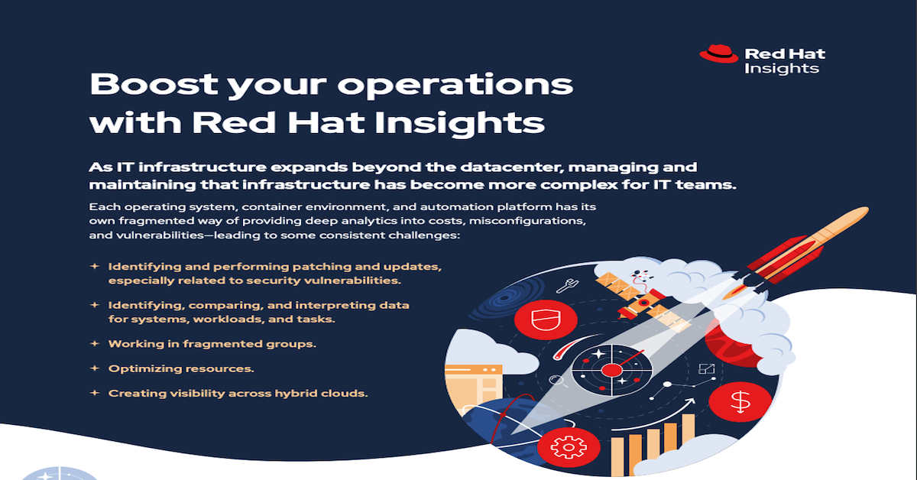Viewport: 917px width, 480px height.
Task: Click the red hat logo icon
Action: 718,54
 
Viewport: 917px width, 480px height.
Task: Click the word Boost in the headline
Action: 154,84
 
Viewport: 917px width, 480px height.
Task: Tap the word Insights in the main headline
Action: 460,122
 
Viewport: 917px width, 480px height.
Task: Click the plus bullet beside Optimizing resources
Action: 95,368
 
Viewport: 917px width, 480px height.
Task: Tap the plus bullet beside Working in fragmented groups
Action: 95,343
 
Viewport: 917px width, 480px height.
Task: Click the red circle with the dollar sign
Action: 740,402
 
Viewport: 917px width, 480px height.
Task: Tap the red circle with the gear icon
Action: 569,447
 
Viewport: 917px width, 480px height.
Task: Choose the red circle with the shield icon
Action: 546,319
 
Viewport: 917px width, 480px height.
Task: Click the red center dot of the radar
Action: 611,370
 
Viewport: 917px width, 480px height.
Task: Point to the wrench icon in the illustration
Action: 567,285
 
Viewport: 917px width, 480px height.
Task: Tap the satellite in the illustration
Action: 642,301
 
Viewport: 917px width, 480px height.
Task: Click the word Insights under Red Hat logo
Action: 782,68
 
